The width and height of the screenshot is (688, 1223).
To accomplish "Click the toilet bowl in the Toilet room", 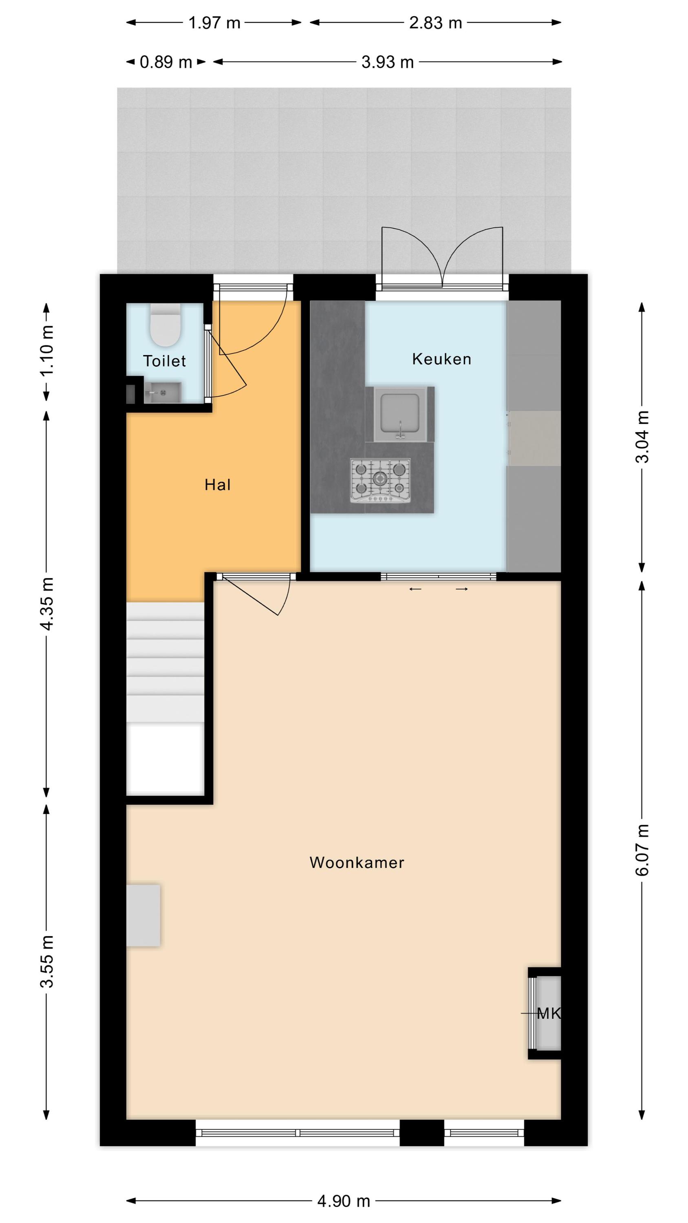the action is click(x=165, y=325).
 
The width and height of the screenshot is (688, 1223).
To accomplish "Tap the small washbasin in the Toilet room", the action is click(x=162, y=393).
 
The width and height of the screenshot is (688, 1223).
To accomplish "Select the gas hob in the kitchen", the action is click(x=380, y=481).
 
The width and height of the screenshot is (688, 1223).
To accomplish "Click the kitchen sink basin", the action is click(x=399, y=414).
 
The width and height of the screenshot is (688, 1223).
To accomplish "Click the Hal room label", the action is click(x=218, y=485).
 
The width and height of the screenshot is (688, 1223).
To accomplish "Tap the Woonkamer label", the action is click(x=357, y=863).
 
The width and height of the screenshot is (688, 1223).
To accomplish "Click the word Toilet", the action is click(x=164, y=361).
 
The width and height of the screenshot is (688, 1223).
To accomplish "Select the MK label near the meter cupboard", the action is click(x=549, y=1014).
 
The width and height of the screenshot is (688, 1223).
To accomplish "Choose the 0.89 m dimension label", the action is click(x=166, y=62).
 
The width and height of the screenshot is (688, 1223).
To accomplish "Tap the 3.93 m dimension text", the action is click(x=388, y=62).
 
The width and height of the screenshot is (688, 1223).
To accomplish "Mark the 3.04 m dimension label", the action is click(x=642, y=437).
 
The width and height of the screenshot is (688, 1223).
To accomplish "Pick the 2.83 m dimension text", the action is click(x=435, y=23).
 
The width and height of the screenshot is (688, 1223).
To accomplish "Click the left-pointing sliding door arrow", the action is click(x=415, y=589).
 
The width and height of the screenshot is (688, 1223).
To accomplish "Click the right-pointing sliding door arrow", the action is click(x=462, y=589).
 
